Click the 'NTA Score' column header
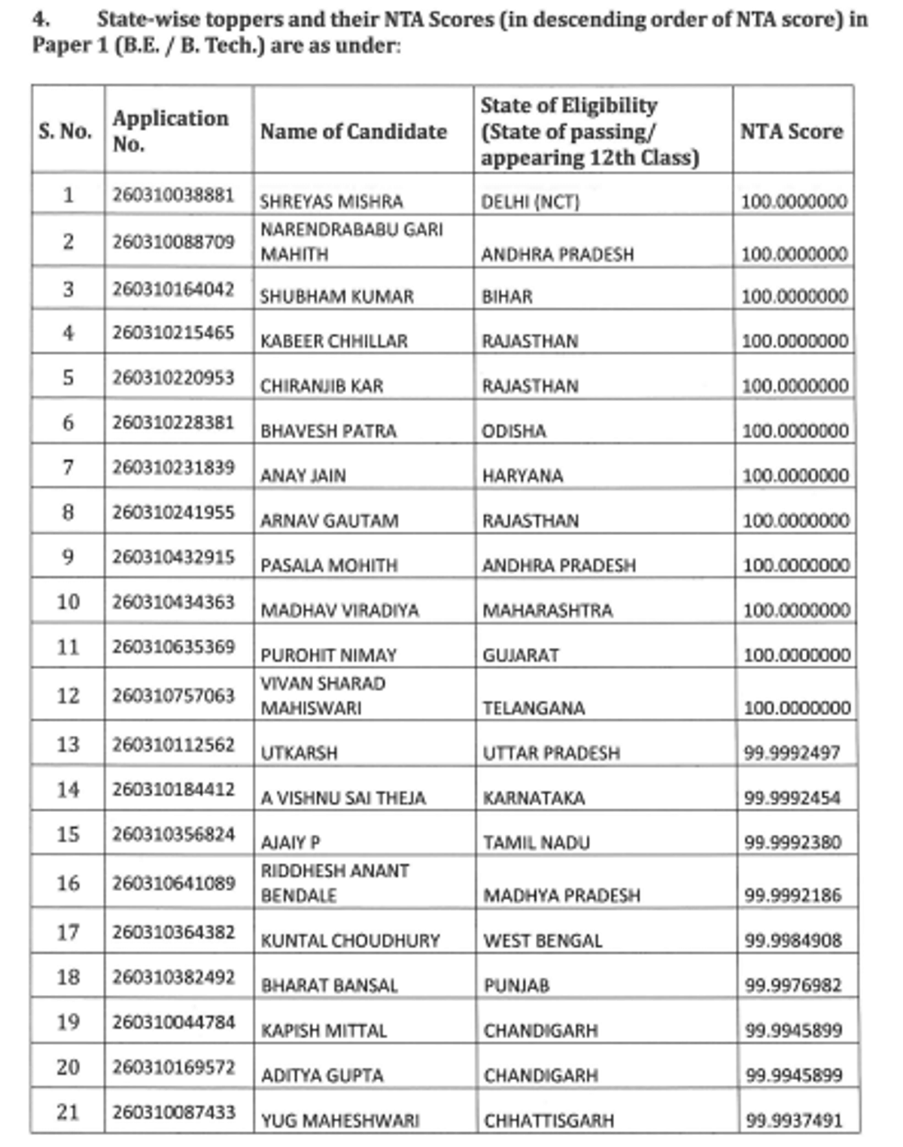coord(791,131)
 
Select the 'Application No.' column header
coord(171,131)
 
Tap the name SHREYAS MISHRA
coord(331,202)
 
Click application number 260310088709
coord(174,242)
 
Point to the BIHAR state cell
coord(507,297)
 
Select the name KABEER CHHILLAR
coord(333,342)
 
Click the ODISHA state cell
coord(514,431)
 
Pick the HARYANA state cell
coord(522,476)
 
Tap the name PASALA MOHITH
coord(329,565)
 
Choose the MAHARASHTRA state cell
coord(547,610)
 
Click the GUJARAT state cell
coord(521,656)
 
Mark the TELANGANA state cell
coord(534,708)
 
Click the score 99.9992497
coord(792,753)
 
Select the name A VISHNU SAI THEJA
coord(343,798)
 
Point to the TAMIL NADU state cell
coord(537,843)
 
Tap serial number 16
coord(68,883)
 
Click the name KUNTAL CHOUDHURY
coord(350,941)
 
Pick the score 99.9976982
coord(793,985)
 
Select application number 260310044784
coord(174,1022)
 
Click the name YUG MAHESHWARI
coord(340,1121)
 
